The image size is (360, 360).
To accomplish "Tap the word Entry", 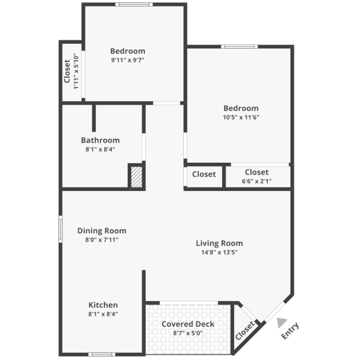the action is [x=290, y=331].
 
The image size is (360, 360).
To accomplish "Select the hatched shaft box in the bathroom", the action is [x=136, y=177].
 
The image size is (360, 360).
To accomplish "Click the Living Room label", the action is [x=219, y=243].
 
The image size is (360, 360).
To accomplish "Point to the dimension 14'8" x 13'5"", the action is [x=219, y=252].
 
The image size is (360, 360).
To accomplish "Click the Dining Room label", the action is [x=102, y=230].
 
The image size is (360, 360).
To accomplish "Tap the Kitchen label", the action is [x=103, y=305].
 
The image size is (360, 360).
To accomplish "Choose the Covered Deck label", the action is [x=188, y=324].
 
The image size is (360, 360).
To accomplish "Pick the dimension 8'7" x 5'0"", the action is [x=188, y=333].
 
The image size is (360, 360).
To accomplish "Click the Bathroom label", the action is [x=100, y=140].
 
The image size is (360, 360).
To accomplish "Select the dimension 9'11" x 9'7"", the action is [x=128, y=60].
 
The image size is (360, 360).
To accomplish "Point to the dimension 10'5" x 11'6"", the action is [x=241, y=117].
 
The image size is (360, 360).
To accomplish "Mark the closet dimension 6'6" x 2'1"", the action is [x=256, y=181].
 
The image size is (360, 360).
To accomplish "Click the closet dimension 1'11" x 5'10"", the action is [x=76, y=71].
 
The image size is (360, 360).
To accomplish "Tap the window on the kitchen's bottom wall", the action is [x=102, y=354].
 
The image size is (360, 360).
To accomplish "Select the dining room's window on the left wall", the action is [x=60, y=229].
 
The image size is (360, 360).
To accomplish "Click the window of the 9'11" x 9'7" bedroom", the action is [x=134, y=4].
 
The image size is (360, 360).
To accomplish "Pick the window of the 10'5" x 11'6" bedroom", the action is [x=240, y=47].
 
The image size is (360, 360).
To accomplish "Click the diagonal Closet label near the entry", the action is [x=245, y=330].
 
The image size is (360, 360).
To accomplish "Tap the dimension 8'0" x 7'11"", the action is [x=102, y=240].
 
